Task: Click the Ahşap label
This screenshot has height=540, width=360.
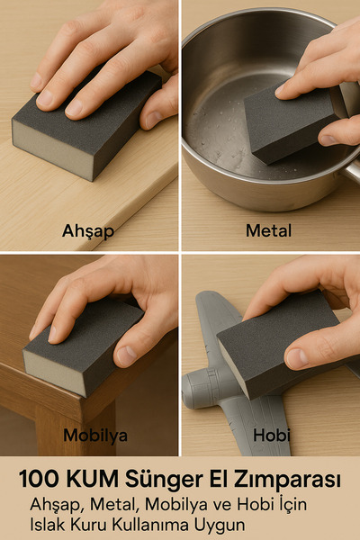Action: tap(87, 230)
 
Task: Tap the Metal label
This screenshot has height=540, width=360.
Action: tap(268, 230)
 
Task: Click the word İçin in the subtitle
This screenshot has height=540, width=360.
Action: tap(286, 504)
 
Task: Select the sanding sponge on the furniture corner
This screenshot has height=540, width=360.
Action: tap(81, 346)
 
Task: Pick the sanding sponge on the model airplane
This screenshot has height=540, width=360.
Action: tap(274, 346)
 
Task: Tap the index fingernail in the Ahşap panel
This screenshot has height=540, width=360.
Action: tap(74, 107)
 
